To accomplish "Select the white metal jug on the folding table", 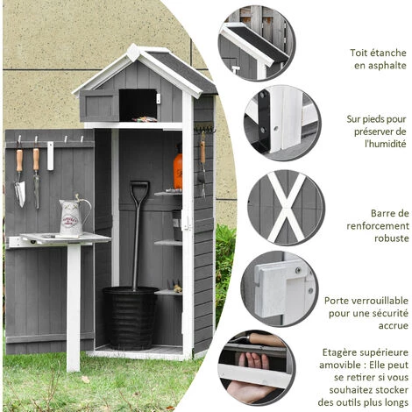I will click(72, 216).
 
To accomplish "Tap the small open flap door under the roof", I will click(99, 105).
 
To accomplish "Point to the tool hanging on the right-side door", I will click(202, 163).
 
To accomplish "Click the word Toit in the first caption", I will click(337, 52).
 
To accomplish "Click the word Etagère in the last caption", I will click(341, 352).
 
